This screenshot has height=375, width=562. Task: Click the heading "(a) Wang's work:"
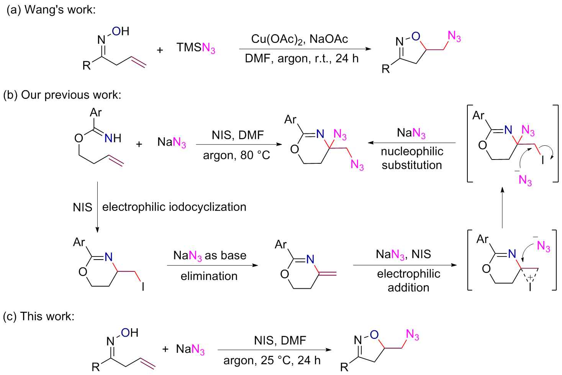click(51, 10)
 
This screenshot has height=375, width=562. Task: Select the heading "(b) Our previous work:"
click(62, 95)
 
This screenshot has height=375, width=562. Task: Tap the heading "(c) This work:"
click(38, 316)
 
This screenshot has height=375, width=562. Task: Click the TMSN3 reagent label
click(196, 48)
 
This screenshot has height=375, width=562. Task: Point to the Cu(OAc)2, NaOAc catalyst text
click(299, 39)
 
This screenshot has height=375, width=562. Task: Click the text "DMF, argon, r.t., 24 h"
click(301, 59)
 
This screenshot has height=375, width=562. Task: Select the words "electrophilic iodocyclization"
click(174, 207)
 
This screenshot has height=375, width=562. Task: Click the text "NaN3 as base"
click(210, 256)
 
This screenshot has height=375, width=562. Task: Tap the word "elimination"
click(209, 276)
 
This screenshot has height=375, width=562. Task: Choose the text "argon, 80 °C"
click(236, 155)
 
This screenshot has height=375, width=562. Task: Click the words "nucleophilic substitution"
click(412, 158)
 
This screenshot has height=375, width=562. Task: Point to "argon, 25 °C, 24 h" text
click(272, 360)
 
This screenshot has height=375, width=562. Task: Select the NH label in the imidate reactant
click(113, 138)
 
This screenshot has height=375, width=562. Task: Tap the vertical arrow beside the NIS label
click(97, 207)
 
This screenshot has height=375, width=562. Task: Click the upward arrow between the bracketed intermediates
click(502, 207)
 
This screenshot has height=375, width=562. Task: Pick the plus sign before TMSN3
click(160, 50)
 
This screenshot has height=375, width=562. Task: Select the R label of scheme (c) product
click(344, 367)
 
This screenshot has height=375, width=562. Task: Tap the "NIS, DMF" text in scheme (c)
click(280, 340)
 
